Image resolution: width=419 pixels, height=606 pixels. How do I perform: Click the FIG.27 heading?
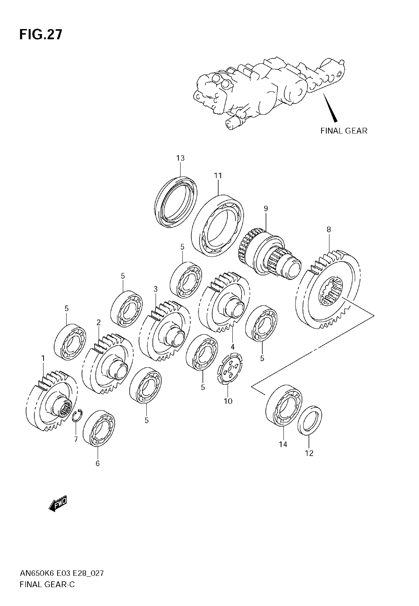[x=41, y=35]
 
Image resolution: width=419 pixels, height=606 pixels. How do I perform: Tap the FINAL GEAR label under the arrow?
[x=344, y=130]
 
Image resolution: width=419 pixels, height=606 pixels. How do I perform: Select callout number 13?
[x=180, y=158]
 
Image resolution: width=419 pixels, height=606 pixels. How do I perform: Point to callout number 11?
[x=218, y=175]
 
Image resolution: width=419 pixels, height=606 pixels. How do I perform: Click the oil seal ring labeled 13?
[x=176, y=202]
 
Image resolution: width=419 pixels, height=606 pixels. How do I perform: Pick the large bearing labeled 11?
[x=217, y=226]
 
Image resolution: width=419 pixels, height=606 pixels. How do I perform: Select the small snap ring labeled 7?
[x=77, y=415]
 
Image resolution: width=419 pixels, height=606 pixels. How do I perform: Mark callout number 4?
[x=232, y=347]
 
